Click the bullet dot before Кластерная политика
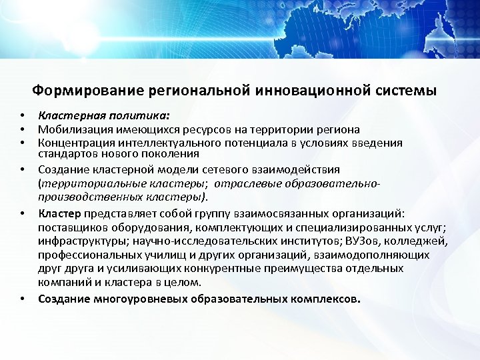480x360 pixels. pyautogui.click(x=22, y=116)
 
